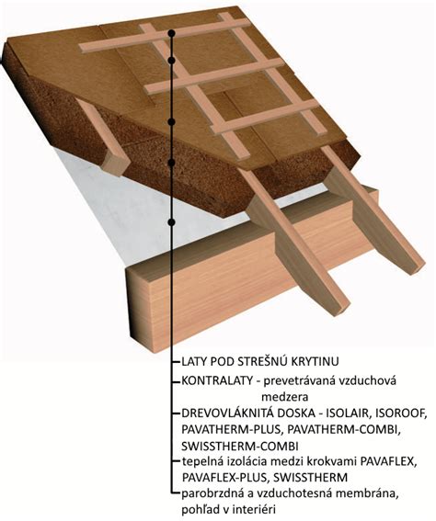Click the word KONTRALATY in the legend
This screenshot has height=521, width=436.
click(x=217, y=380)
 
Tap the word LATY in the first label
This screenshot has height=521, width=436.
click(x=193, y=361)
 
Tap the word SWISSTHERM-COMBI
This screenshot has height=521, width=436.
click(x=240, y=446)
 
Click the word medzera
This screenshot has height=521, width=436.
click(x=285, y=397)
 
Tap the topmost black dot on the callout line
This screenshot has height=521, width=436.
click(x=172, y=33)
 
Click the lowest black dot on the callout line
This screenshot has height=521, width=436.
click(x=172, y=222)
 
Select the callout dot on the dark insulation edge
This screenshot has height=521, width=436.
click(x=172, y=163)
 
